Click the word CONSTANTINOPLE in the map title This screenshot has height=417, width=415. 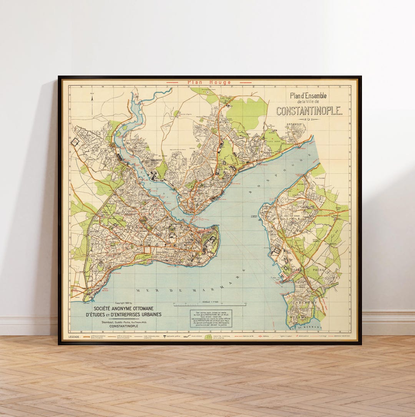click(309, 111)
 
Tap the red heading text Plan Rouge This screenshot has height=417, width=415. click(209, 82)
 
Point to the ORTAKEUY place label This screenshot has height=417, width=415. click(295, 124)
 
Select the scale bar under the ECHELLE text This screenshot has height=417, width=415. click(210, 305)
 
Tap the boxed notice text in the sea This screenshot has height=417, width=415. click(211, 318)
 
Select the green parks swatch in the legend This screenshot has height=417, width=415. click(208, 337)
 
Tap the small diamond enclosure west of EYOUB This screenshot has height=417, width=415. click(75, 142)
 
